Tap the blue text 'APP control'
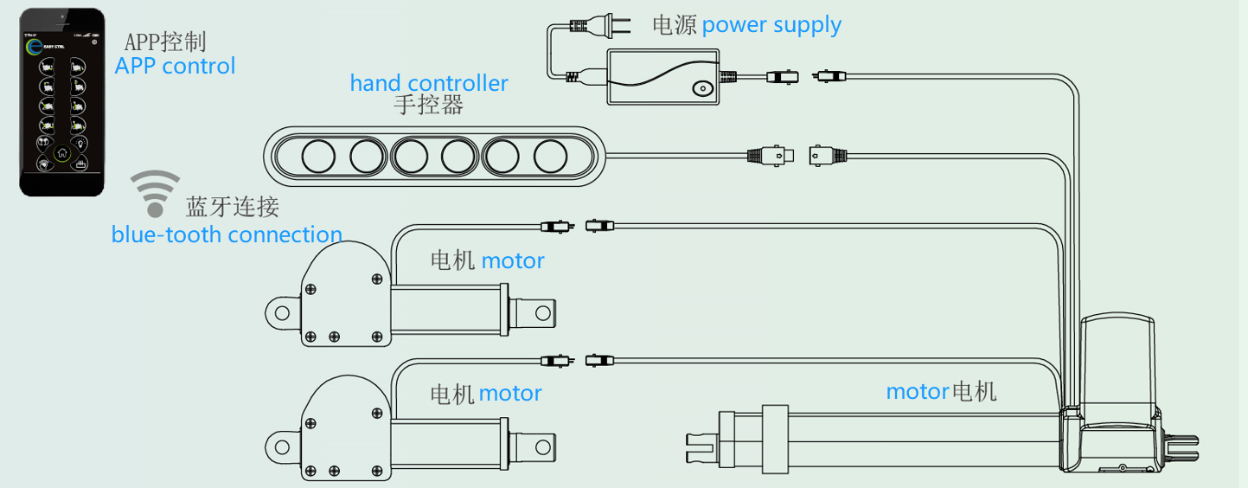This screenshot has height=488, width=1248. (x=175, y=66)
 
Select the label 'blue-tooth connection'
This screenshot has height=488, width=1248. (x=227, y=234)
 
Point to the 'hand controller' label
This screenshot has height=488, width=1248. (x=428, y=83)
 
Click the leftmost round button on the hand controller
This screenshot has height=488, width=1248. (x=317, y=157)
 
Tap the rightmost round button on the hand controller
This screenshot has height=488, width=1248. (x=550, y=157)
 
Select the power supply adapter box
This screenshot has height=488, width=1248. (x=663, y=77)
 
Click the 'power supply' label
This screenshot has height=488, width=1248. (x=771, y=24)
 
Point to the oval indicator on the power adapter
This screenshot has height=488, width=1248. (x=701, y=88)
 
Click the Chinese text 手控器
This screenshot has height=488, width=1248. (x=428, y=106)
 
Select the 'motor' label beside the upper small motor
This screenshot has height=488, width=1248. (x=513, y=260)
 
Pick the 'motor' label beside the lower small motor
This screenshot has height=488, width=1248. (x=510, y=394)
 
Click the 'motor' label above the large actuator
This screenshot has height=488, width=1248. (x=918, y=391)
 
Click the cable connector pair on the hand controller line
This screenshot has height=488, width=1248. (x=795, y=156)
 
